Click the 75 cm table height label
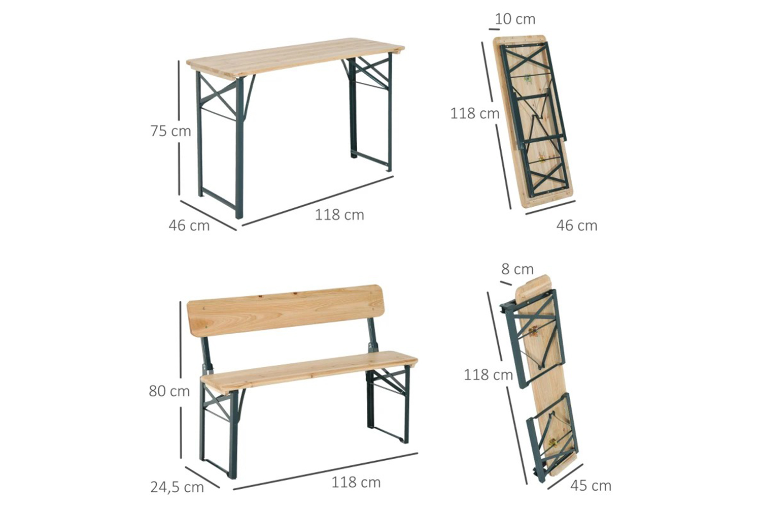(x=171, y=131)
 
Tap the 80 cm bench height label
(x=169, y=391)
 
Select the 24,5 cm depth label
(x=177, y=488)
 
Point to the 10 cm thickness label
(x=515, y=19)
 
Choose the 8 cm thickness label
(x=517, y=269)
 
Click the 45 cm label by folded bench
(x=591, y=486)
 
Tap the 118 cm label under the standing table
(x=339, y=215)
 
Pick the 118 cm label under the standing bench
(x=356, y=483)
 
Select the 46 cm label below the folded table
(x=577, y=226)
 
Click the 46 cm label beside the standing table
(x=189, y=226)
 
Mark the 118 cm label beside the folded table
(x=475, y=113)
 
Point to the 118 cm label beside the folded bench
(x=488, y=375)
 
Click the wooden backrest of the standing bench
(x=285, y=310)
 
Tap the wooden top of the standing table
(x=295, y=58)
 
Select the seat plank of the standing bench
(x=309, y=372)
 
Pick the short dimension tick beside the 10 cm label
(x=494, y=29)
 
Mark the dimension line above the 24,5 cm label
(x=202, y=477)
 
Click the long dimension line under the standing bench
(x=326, y=471)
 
